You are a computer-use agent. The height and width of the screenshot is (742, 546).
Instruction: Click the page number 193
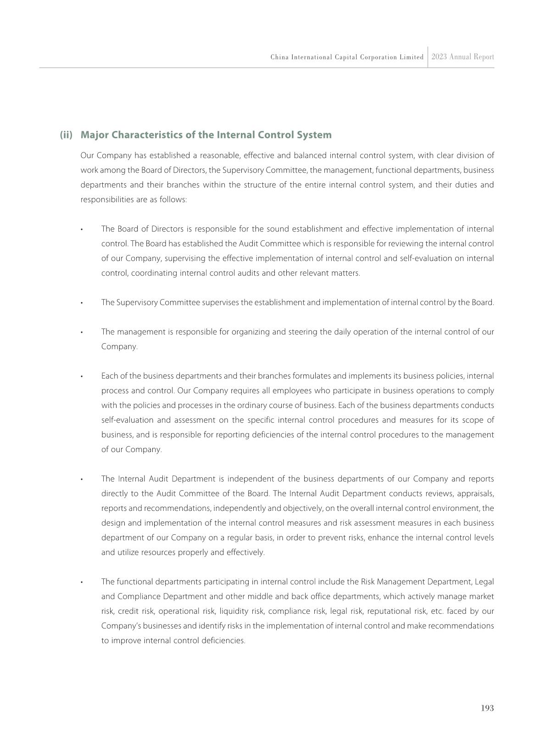click(x=487, y=708)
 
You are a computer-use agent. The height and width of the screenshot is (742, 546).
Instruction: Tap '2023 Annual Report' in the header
click(x=462, y=57)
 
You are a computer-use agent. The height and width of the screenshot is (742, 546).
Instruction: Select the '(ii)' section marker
click(x=66, y=135)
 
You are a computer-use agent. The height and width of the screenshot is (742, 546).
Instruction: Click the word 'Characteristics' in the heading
click(x=149, y=135)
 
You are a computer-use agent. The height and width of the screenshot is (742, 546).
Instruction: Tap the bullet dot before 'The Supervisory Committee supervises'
click(x=81, y=303)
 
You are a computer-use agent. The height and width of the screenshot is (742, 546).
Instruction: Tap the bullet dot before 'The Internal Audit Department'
click(x=81, y=479)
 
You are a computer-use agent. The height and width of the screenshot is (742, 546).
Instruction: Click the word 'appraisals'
click(x=476, y=493)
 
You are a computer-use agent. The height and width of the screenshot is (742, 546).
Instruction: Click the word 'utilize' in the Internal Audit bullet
click(x=113, y=552)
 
